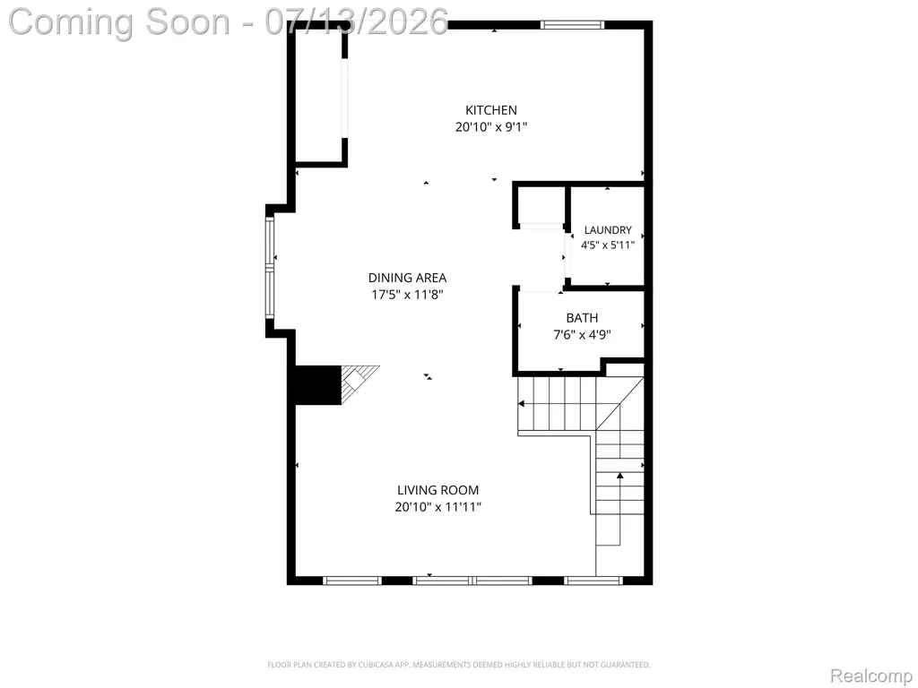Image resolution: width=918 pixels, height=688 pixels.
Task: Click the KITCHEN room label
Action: pyautogui.click(x=491, y=110)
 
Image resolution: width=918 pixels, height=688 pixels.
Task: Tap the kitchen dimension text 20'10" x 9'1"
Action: pyautogui.click(x=491, y=127)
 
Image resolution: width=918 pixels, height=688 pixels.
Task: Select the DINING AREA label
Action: pyautogui.click(x=408, y=278)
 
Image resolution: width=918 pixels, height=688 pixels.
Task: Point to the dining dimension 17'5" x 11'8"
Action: pyautogui.click(x=408, y=294)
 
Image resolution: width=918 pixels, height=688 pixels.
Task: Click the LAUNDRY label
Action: pyautogui.click(x=608, y=230)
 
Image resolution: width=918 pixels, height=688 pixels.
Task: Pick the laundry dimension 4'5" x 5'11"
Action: pyautogui.click(x=608, y=245)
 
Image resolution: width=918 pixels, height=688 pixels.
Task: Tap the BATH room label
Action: pyautogui.click(x=582, y=318)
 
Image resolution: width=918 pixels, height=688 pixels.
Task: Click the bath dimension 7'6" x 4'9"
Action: pyautogui.click(x=582, y=335)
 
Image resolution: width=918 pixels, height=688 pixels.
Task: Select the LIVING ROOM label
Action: pyautogui.click(x=437, y=490)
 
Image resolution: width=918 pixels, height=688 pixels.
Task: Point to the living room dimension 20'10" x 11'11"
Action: pyautogui.click(x=437, y=507)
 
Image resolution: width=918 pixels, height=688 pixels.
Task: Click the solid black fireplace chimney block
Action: pyautogui.click(x=317, y=384)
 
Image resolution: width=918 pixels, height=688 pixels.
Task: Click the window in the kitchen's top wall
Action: pyautogui.click(x=572, y=24)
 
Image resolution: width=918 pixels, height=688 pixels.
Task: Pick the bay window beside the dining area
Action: pyautogui.click(x=270, y=267)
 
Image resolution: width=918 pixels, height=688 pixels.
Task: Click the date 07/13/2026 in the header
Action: pyautogui.click(x=356, y=22)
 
